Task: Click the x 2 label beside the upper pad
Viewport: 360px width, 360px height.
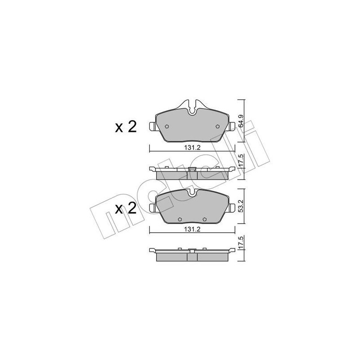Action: pos(126,126)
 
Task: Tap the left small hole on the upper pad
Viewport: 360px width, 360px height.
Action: pos(166,126)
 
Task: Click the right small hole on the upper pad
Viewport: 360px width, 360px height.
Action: pos(218,126)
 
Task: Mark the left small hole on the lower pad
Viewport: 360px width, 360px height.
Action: pos(180,220)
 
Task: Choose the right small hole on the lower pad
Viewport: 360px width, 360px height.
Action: pos(205,220)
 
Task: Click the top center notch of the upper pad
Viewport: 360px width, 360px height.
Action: pos(193,108)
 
